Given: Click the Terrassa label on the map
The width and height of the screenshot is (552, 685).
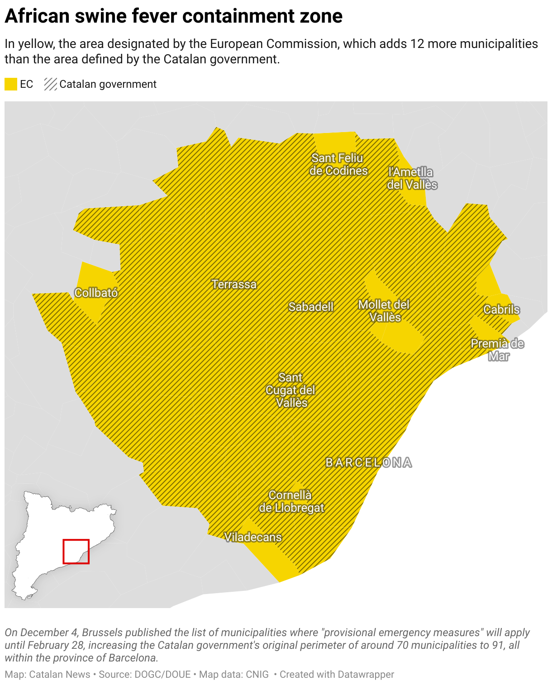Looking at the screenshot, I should click(234, 284).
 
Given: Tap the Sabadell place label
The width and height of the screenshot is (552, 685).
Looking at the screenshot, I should click(311, 307).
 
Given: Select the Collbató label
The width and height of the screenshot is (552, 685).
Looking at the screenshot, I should click(96, 293).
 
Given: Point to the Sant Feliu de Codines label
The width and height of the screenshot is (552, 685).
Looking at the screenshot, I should click(338, 164).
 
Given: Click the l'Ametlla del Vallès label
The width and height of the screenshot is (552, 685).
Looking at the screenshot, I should click(412, 178).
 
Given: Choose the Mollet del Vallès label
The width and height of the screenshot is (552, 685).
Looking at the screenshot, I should click(384, 311).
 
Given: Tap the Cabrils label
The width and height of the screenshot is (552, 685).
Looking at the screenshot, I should click(501, 309).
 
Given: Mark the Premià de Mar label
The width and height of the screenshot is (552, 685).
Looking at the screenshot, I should click(497, 350).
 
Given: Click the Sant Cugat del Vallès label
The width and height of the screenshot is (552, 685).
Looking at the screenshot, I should click(290, 390).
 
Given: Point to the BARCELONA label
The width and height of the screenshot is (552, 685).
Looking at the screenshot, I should click(369, 462).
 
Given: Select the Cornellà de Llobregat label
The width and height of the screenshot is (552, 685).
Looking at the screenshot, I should click(291, 501).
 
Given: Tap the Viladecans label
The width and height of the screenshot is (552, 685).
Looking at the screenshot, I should click(253, 537).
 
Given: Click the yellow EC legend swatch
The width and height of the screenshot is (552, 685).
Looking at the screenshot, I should click(11, 84).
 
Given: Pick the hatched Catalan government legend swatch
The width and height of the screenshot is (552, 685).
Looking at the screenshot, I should click(50, 84).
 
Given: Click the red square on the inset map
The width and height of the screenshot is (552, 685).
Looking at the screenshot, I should click(76, 552).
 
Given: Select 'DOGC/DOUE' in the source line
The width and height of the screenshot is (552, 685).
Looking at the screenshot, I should click(162, 674).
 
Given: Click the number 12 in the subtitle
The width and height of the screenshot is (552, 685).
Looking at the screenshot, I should click(417, 44).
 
